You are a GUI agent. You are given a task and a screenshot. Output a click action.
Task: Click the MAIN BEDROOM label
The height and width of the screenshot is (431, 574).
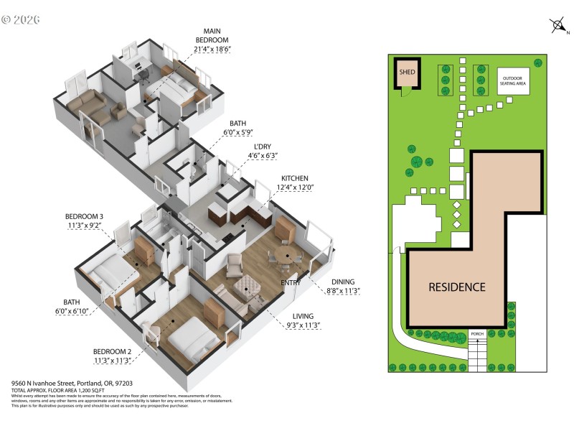(x=212, y=40)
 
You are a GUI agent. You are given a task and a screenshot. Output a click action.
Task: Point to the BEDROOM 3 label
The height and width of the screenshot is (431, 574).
(x=85, y=216)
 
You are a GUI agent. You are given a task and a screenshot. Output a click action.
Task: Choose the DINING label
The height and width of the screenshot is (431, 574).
(x=343, y=282)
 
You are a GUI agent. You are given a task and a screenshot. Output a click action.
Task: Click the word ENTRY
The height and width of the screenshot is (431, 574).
(x=291, y=282)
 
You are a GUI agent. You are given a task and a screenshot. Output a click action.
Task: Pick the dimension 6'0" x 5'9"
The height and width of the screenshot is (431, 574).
(x=239, y=133)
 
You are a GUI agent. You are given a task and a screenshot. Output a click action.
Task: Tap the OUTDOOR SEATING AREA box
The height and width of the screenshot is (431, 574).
(x=514, y=80)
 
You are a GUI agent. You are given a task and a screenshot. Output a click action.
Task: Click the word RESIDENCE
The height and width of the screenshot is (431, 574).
(x=456, y=287)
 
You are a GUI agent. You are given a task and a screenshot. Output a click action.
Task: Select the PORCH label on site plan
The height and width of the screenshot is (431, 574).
(x=477, y=334)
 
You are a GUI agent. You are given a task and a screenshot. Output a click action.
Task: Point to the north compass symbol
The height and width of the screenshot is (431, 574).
(x=559, y=25)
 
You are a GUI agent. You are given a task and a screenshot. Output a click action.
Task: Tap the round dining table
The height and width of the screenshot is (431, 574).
(x=286, y=256)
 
